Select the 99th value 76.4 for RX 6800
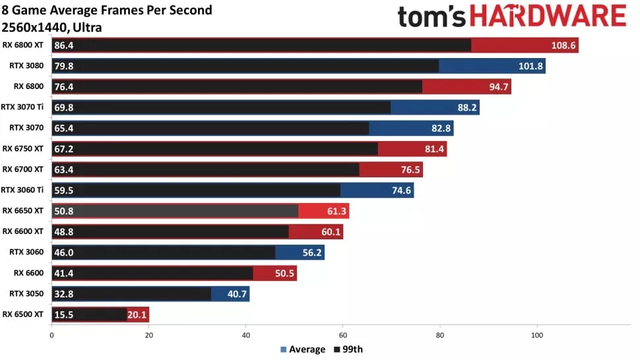pyautogui.click(x=63, y=87)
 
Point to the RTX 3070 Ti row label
pyautogui.click(x=22, y=107)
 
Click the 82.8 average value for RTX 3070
pyautogui.click(x=439, y=128)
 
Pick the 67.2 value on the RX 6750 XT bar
pyautogui.click(x=63, y=149)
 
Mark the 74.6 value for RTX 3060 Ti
pyautogui.click(x=399, y=191)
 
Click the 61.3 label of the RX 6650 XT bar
pyautogui.click(x=335, y=211)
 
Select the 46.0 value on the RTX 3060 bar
pyautogui.click(x=63, y=253)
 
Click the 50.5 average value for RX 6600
pyautogui.click(x=283, y=273)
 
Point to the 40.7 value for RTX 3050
pyautogui.click(x=237, y=294)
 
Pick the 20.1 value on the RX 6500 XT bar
pyautogui.click(x=137, y=315)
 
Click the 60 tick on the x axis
pyautogui.click(x=343, y=334)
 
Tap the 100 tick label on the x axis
pyautogui.click(x=537, y=334)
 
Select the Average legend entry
pyautogui.click(x=303, y=349)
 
